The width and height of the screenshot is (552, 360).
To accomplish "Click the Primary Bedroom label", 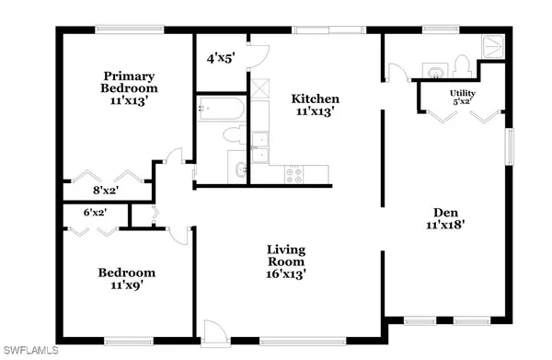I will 129,88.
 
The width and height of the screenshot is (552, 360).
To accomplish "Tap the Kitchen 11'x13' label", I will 316,105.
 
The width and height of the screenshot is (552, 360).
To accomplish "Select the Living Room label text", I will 286,261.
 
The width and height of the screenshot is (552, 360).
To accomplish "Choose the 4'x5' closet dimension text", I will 221,58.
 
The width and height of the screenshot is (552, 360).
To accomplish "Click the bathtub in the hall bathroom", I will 221,110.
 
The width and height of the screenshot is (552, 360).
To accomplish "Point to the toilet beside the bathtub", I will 235,135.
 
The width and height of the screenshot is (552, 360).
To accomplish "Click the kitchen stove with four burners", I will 294,172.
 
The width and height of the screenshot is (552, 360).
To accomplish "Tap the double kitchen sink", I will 260,146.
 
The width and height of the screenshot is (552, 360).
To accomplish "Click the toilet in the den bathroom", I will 462,65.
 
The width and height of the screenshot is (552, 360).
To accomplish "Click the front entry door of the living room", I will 213,332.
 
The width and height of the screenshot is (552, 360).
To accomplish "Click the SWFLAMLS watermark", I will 30,351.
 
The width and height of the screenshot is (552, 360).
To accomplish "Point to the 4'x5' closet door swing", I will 258,55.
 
